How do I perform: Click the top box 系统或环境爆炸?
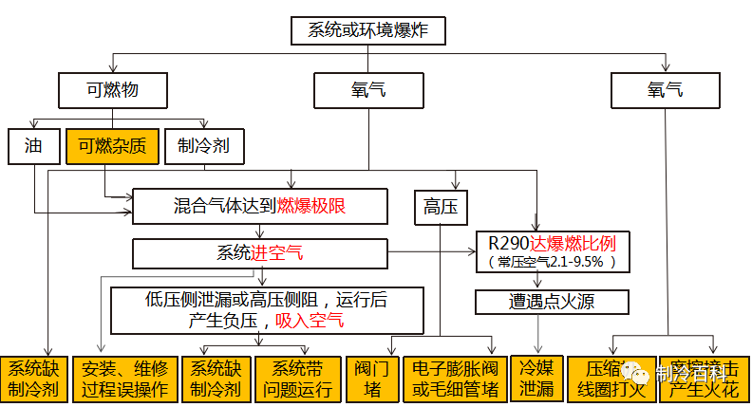pos(367,30)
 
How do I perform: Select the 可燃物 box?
pos(112,91)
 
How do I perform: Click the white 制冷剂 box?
pos(203,146)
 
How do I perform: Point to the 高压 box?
pos(439,208)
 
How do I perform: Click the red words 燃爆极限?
pos(310,205)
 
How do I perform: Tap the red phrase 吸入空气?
pos(310,321)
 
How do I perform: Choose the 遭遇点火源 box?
pos(552,303)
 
